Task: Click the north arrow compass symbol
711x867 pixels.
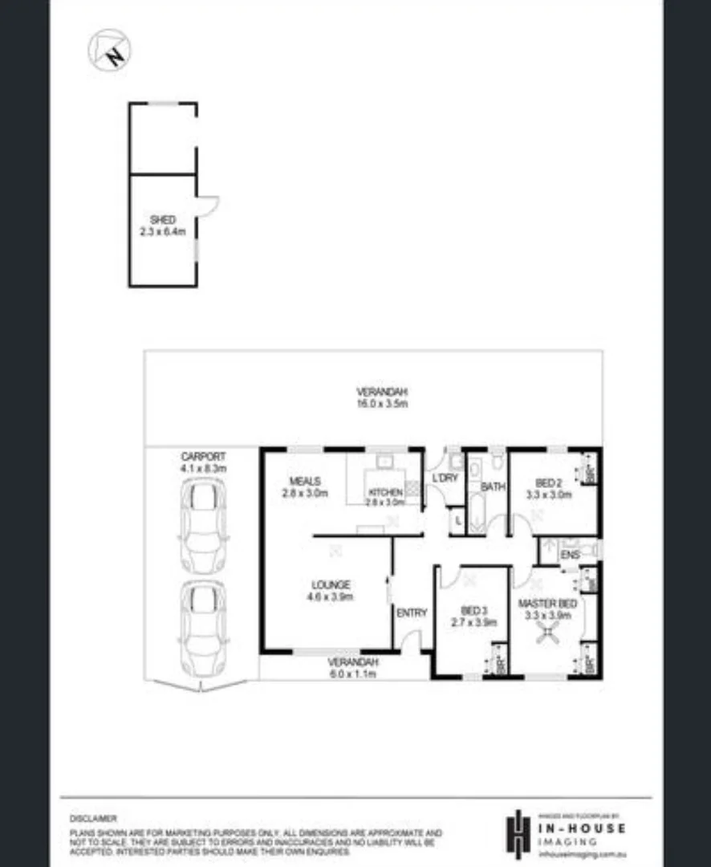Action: [x=109, y=50]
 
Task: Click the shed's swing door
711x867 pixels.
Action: [x=207, y=206]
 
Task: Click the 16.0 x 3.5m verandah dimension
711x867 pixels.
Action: [x=383, y=404]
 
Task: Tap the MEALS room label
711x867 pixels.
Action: [x=305, y=482]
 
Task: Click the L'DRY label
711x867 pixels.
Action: [x=444, y=478]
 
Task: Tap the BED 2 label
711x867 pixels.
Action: [x=548, y=482]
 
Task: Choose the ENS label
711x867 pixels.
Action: [x=571, y=555]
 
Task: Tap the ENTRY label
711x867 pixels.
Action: [x=412, y=613]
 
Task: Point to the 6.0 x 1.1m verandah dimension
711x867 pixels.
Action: [x=351, y=674]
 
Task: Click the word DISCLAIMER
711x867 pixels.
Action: [x=93, y=818]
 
